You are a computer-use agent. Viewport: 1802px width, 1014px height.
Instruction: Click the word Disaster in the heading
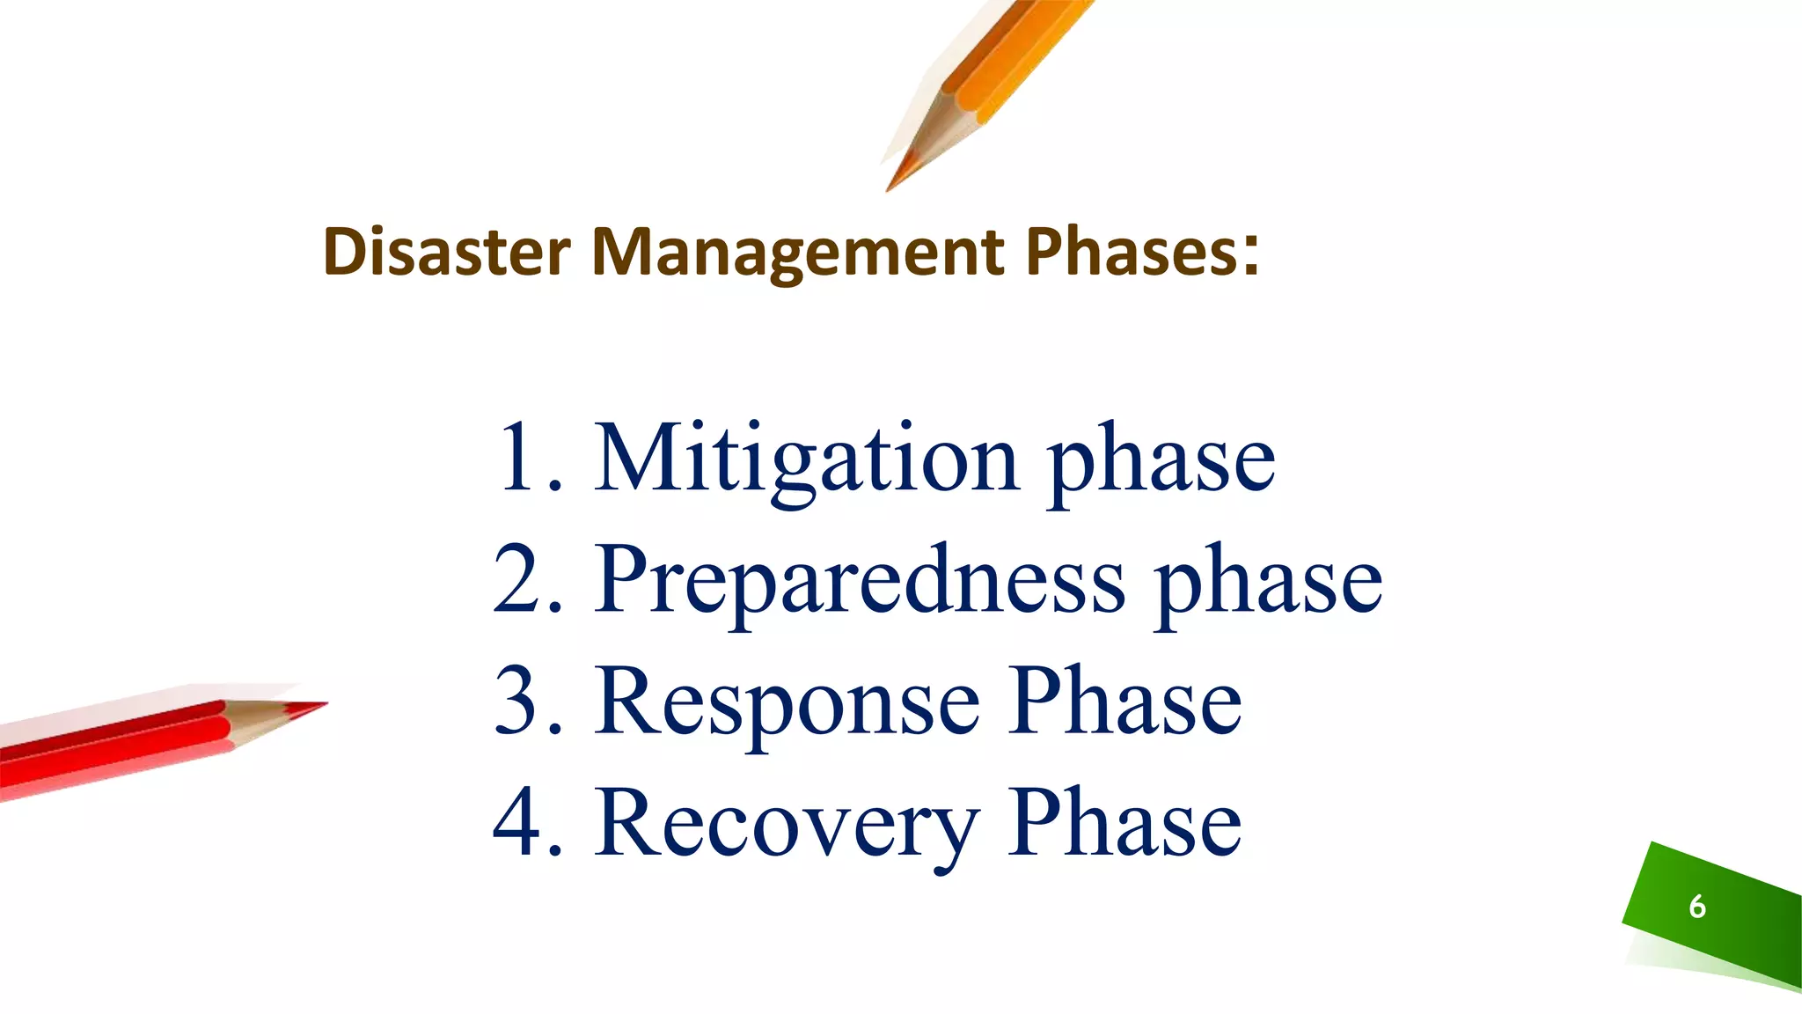[446, 252]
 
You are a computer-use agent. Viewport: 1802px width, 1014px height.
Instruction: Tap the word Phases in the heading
[1132, 252]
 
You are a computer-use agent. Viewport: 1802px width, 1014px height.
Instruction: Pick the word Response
[787, 702]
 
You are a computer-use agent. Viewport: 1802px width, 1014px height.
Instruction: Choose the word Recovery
[787, 822]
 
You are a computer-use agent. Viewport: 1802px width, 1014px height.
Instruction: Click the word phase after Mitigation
[1161, 462]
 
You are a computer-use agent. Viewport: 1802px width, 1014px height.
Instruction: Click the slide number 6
[1697, 907]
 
